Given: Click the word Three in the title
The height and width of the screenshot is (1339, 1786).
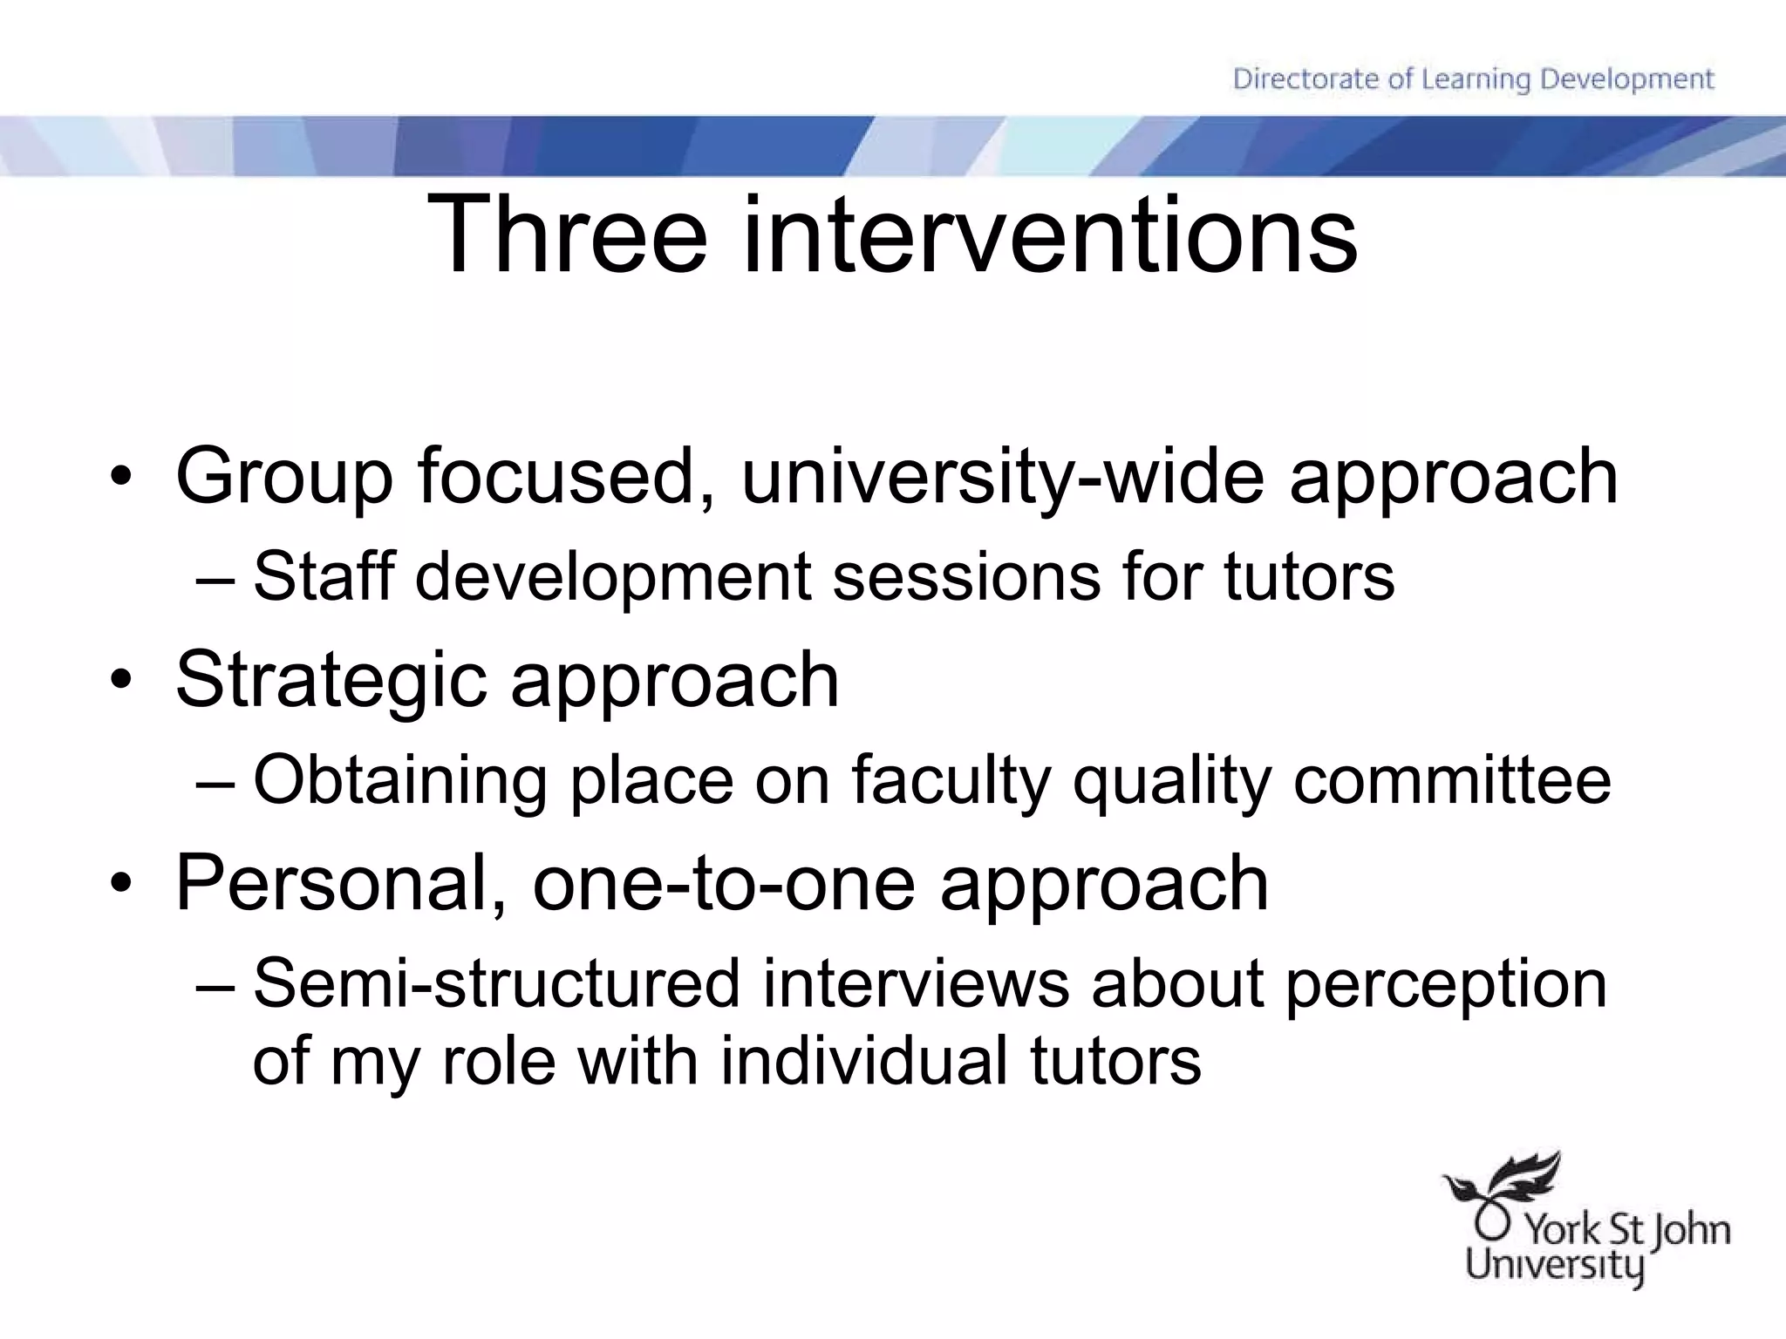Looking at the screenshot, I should coord(566,236).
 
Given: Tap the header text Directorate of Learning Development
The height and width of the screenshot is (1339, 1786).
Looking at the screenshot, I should coord(1473,79).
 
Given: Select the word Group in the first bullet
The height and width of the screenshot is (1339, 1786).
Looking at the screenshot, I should coord(284,478).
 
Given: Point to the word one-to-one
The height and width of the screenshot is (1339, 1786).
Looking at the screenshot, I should coord(724,883).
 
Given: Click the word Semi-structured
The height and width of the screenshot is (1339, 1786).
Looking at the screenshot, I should coord(497,983).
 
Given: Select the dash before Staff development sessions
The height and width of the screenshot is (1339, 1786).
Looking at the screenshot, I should coord(215,578).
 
